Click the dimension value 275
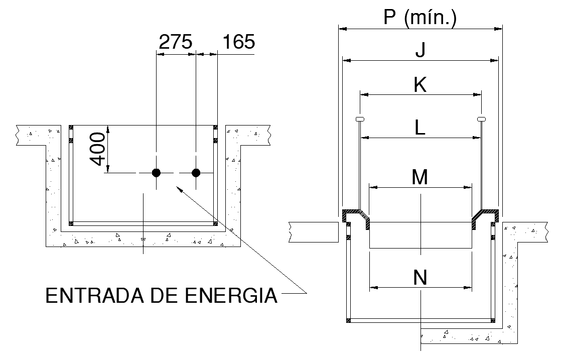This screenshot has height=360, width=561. [x=176, y=42]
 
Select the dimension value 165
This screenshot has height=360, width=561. [x=238, y=42]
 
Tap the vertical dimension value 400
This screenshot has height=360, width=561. [x=99, y=149]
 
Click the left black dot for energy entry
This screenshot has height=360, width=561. [x=157, y=173]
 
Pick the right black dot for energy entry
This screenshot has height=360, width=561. [x=196, y=173]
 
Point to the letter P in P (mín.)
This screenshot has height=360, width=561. [x=390, y=19]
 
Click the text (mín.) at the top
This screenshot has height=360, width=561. [x=430, y=19]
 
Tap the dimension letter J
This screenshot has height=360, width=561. [x=420, y=51]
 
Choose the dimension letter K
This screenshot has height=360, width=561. [x=420, y=85]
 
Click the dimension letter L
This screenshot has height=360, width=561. [x=420, y=129]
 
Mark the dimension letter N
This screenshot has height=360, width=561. [x=420, y=278]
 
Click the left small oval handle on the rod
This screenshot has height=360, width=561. [x=360, y=119]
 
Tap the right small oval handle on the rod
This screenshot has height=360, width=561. [x=481, y=119]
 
